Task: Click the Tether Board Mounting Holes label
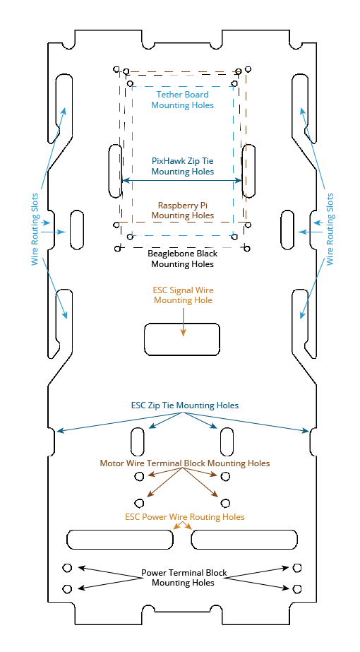coord(183,100)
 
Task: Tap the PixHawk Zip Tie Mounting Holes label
coord(183,165)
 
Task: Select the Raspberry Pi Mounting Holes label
coord(183,210)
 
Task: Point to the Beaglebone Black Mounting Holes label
coord(183,259)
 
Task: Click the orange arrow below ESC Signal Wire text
coord(183,320)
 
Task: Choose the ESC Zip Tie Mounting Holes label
coord(185,405)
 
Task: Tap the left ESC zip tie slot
coord(138,441)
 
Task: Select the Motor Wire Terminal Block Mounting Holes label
coord(185,463)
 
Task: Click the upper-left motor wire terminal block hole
coord(139,476)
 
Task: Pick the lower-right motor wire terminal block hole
coord(225,503)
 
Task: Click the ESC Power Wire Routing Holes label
coord(185,517)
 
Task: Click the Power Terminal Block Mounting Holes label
coord(184,578)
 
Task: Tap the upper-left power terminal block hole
coord(67,568)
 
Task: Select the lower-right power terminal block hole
coord(296,589)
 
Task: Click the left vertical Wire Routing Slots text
coord(35,229)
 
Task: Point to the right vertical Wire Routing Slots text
coord(330,229)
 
